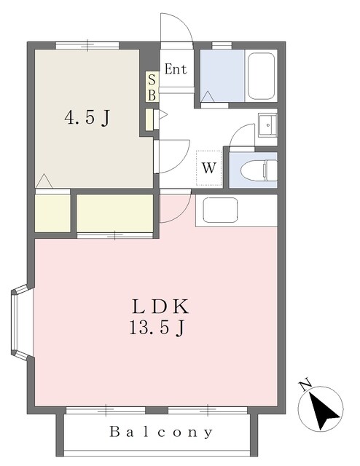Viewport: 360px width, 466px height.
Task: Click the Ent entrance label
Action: tap(176, 69)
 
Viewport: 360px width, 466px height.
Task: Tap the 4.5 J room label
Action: tap(87, 118)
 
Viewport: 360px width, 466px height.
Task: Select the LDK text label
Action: tap(160, 307)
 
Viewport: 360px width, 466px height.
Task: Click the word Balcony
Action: tap(161, 432)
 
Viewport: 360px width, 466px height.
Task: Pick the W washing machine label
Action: tap(209, 168)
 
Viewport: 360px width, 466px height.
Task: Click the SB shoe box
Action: tap(152, 87)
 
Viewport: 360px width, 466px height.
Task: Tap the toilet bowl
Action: tap(259, 170)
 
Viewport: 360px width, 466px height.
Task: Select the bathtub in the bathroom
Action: tap(261, 76)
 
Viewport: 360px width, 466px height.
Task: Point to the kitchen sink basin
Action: tap(220, 210)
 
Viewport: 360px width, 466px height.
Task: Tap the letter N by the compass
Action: tap(305, 385)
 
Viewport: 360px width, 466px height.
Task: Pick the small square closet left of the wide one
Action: tap(52, 213)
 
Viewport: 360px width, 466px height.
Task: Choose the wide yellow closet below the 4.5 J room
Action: tap(114, 213)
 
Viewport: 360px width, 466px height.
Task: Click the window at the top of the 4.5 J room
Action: tap(87, 45)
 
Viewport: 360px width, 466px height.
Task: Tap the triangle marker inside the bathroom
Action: tap(208, 97)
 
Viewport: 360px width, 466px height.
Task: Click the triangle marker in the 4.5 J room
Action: tap(44, 181)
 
